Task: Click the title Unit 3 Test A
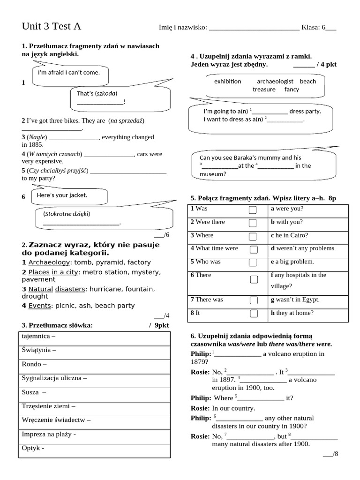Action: pyautogui.click(x=52, y=26)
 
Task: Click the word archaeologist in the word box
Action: pyautogui.click(x=275, y=81)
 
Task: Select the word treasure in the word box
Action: pyautogui.click(x=264, y=89)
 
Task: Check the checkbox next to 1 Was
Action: pyautogui.click(x=253, y=210)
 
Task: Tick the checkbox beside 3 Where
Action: pyautogui.click(x=253, y=236)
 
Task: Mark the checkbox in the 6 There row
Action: pyautogui.click(x=254, y=280)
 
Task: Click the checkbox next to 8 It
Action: pyautogui.click(x=253, y=313)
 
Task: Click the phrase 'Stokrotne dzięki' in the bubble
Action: pyautogui.click(x=67, y=214)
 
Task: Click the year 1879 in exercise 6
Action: pyautogui.click(x=199, y=362)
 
